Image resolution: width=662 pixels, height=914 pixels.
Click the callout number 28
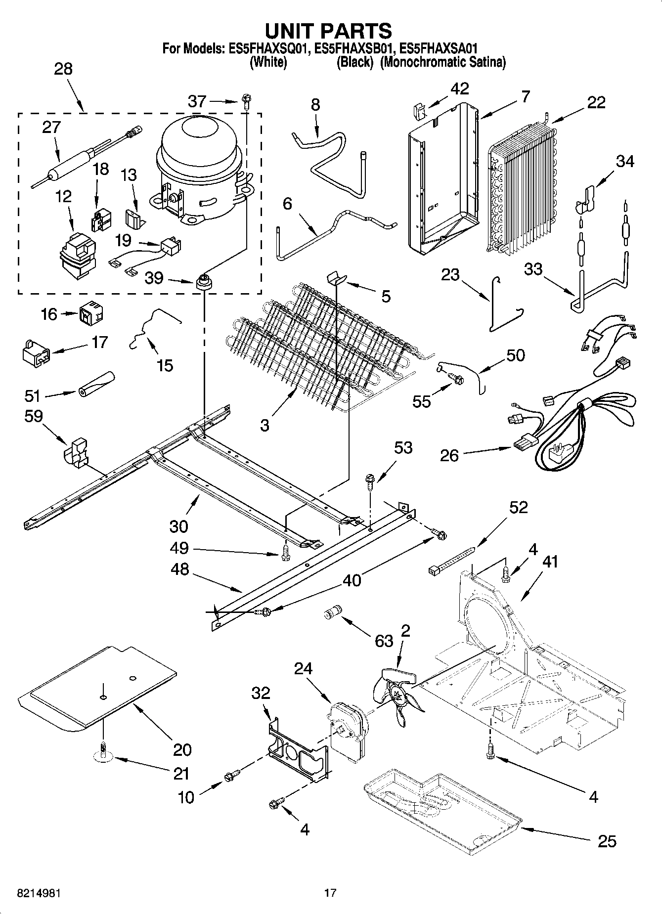[x=63, y=69]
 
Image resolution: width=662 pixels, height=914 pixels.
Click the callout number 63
[x=384, y=641]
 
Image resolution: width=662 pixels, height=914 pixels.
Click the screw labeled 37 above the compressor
[x=246, y=101]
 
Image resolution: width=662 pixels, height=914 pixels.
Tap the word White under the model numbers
[x=268, y=62]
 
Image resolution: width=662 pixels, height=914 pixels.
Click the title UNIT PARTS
[x=328, y=31]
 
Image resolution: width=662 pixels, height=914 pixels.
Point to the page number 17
[x=330, y=893]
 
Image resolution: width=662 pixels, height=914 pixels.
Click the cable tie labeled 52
[x=452, y=561]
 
